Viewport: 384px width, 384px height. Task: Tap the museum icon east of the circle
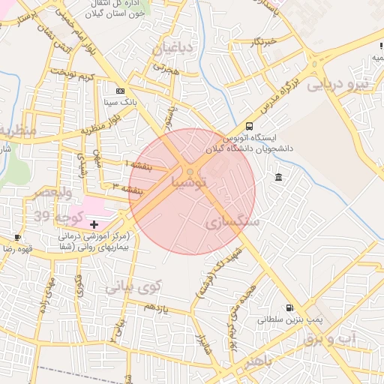click(279, 177)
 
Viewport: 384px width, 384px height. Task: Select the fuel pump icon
click(289, 307)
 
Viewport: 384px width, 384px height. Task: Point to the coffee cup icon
click(17, 237)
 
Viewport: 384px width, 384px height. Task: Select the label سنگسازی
click(232, 223)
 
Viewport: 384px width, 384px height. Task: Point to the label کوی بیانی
click(133, 286)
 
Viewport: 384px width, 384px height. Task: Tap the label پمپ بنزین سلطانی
click(283, 320)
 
